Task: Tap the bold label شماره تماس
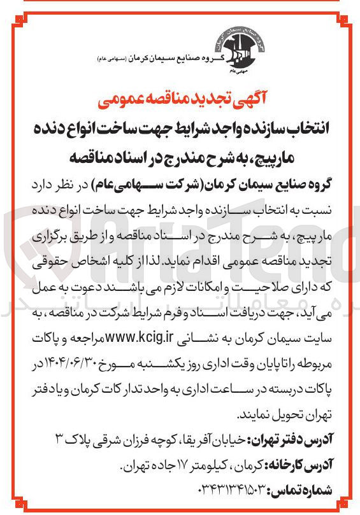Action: [305, 491]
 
